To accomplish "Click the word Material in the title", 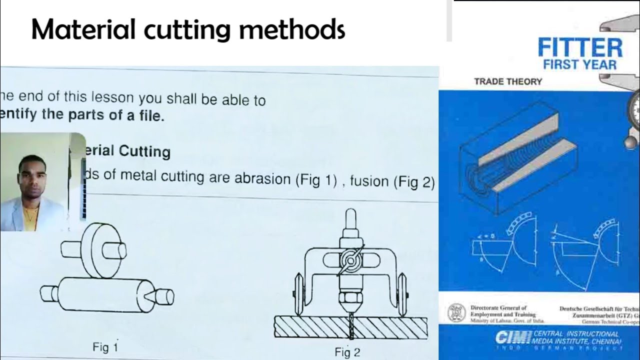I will [85, 29].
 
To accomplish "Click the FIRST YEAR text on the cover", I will [580, 64].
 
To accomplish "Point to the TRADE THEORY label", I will [508, 81].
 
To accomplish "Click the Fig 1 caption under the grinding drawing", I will [105, 347].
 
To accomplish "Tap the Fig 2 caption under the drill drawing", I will [347, 352].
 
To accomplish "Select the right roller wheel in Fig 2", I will [401, 294].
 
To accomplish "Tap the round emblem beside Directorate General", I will [456, 312].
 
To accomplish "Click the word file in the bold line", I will [151, 116].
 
